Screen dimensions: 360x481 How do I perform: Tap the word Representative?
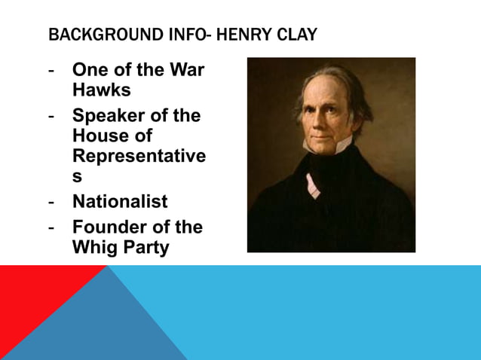click(x=138, y=156)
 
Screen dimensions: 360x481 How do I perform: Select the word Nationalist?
click(x=120, y=202)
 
